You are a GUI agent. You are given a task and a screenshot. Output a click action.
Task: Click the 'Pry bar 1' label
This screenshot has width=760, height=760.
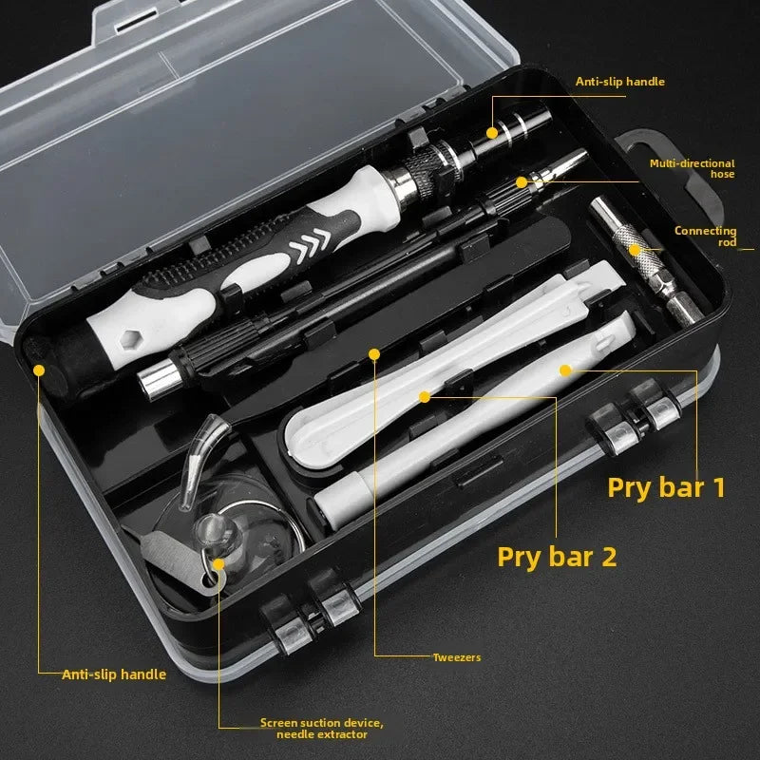(x=666, y=487)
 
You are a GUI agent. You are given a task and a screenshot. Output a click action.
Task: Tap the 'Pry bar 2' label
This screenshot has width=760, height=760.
(x=557, y=556)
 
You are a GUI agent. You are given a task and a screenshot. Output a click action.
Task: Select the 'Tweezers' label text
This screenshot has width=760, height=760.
(x=456, y=656)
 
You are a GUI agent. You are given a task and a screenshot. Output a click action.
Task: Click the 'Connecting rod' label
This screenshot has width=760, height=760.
(x=705, y=236)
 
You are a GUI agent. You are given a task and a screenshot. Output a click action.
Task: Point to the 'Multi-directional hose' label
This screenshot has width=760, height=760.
(x=692, y=168)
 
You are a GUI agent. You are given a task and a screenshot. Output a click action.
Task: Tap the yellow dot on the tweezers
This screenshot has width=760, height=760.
(x=374, y=354)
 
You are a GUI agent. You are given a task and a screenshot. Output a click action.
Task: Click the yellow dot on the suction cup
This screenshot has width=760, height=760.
(x=218, y=563)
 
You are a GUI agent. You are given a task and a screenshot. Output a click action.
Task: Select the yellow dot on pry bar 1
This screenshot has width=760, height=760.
(x=564, y=370)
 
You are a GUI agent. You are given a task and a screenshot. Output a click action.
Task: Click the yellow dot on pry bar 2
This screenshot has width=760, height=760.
(x=426, y=394)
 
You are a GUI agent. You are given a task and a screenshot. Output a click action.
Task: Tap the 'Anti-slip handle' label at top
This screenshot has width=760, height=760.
(x=619, y=82)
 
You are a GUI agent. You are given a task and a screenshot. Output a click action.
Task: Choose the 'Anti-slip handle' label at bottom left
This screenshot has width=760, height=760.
(x=114, y=674)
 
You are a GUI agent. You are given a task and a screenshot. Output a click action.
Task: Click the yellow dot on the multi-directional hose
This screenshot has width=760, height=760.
(x=521, y=180)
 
